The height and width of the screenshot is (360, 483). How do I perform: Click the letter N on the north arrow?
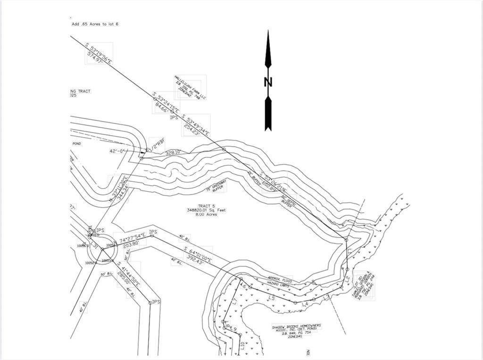point(268,82)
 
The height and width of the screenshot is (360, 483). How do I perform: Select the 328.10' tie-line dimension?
point(173,152)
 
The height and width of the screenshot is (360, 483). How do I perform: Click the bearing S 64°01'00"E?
point(192,254)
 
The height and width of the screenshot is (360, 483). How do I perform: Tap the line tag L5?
point(272,297)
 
